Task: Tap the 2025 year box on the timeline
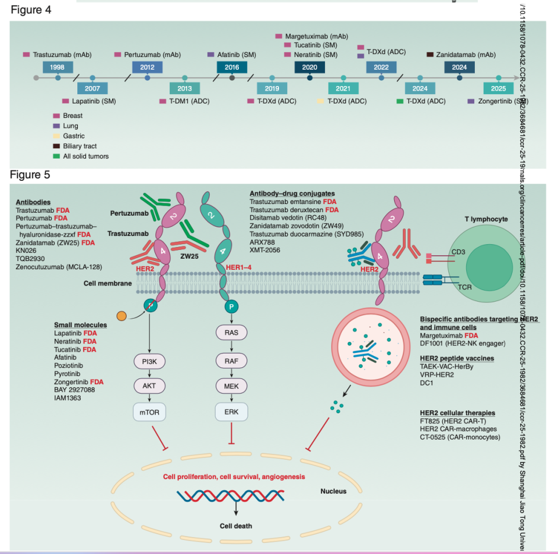pos(498,88)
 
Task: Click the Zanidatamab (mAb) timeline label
pos(465,55)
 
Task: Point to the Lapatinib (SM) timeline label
pos(94,101)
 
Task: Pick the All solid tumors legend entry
pos(85,156)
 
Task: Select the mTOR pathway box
pos(150,412)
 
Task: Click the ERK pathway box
pos(232,412)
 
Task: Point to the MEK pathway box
pos(232,387)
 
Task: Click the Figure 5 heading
pos(30,174)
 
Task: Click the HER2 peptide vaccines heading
pos(457,358)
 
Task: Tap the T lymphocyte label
pos(486,219)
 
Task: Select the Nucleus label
pos(333,491)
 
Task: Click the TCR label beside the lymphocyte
pos(464,287)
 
